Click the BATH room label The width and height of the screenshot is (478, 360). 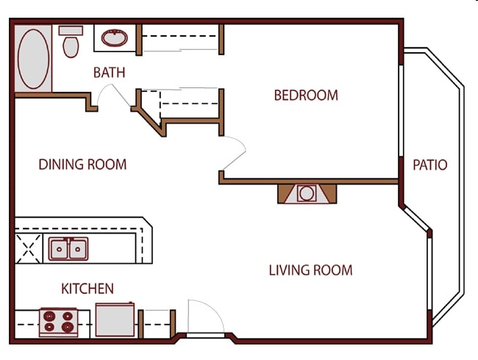(x=109, y=73)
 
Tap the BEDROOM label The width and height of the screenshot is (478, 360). (x=306, y=96)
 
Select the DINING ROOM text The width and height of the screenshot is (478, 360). (x=82, y=165)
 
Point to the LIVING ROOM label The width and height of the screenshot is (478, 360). (x=310, y=270)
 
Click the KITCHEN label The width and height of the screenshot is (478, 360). (x=88, y=289)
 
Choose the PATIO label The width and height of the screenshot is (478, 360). (x=430, y=165)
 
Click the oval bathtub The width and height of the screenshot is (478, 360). (x=33, y=59)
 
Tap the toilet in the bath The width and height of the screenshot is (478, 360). (x=71, y=42)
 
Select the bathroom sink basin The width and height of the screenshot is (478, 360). (x=115, y=38)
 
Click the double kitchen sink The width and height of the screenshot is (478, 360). (x=68, y=249)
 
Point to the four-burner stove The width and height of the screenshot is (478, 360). (x=59, y=323)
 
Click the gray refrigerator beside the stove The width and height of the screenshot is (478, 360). (x=115, y=320)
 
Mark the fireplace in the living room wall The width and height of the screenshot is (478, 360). (x=307, y=194)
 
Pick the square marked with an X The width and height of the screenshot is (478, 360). (x=29, y=248)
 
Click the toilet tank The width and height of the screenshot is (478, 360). (x=71, y=30)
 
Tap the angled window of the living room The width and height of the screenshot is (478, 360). (x=415, y=218)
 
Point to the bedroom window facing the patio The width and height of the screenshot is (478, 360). (x=401, y=111)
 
